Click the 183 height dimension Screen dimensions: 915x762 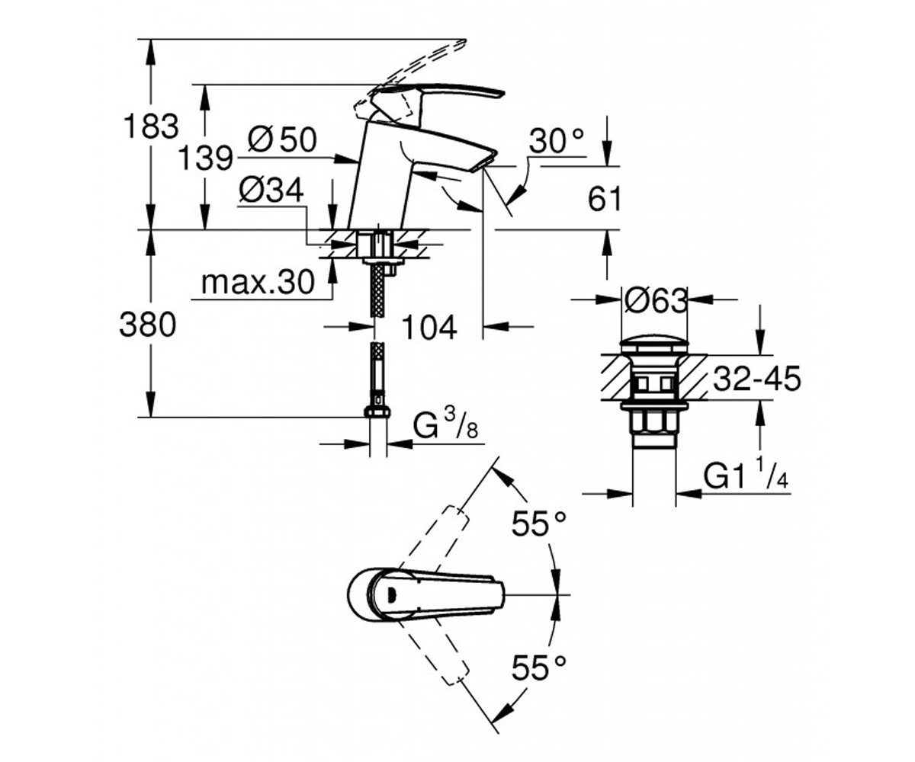(151, 126)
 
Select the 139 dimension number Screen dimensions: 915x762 (206, 158)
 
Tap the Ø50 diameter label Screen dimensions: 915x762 (282, 139)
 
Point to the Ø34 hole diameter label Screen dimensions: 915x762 (271, 190)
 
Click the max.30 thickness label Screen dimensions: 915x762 (258, 282)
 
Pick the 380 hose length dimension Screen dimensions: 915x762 (148, 325)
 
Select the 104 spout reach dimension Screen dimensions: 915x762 (429, 327)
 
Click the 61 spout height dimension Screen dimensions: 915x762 (605, 199)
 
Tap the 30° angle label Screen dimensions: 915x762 (557, 141)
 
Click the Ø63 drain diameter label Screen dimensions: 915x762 (656, 301)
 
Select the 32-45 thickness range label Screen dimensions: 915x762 (757, 378)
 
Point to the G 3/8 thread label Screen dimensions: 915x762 (445, 424)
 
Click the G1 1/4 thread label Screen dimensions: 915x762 (746, 475)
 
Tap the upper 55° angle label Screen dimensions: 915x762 (539, 523)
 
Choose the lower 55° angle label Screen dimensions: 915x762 (539, 667)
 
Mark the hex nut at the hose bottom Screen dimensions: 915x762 (377, 411)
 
